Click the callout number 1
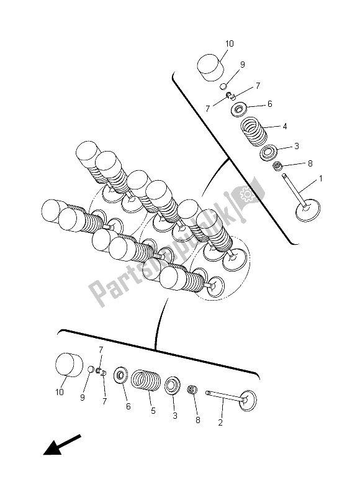pos(321,180)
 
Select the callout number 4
pos(284,126)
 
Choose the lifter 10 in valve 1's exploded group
pos(211,63)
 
